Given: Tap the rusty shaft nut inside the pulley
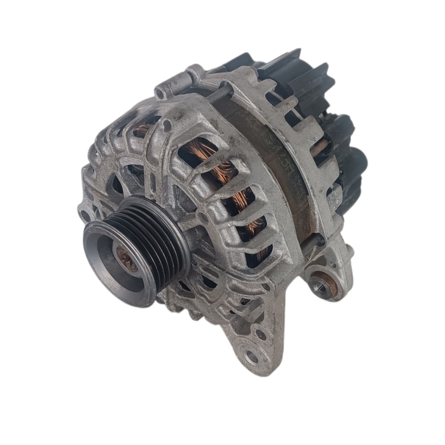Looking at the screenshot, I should point(125,259).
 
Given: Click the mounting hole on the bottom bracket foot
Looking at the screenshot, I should point(252,356).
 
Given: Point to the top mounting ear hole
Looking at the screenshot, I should point(161,93).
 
